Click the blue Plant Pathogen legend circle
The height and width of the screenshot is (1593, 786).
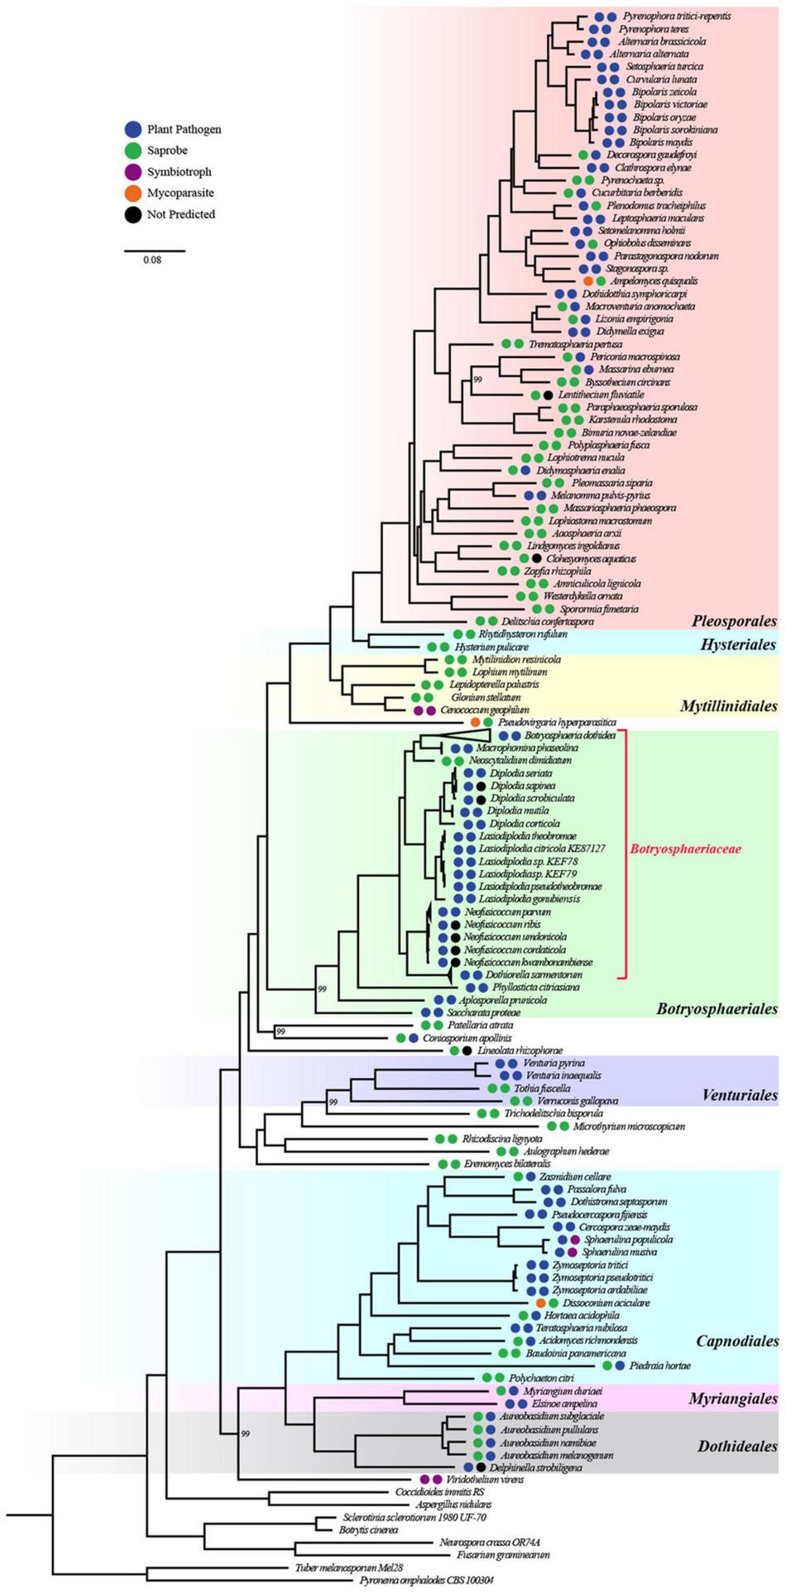(133, 129)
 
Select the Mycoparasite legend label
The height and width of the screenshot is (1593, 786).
(180, 193)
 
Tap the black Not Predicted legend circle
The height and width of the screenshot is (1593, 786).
(133, 214)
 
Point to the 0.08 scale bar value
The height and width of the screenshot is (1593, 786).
(152, 260)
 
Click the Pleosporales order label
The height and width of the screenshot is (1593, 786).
(734, 620)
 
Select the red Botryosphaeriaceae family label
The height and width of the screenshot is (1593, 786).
(685, 849)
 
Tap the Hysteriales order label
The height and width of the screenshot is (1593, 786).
(738, 644)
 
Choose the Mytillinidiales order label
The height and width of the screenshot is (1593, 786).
(728, 706)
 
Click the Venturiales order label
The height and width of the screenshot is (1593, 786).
(740, 1095)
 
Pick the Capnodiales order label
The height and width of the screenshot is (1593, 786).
(736, 1341)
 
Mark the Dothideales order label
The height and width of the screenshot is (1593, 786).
(736, 1446)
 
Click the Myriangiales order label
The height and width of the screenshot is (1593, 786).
(733, 1398)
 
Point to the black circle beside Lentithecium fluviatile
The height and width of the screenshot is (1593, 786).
(548, 395)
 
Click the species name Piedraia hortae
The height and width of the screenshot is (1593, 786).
(659, 1366)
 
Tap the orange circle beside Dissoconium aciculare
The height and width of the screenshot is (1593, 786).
(541, 1303)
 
